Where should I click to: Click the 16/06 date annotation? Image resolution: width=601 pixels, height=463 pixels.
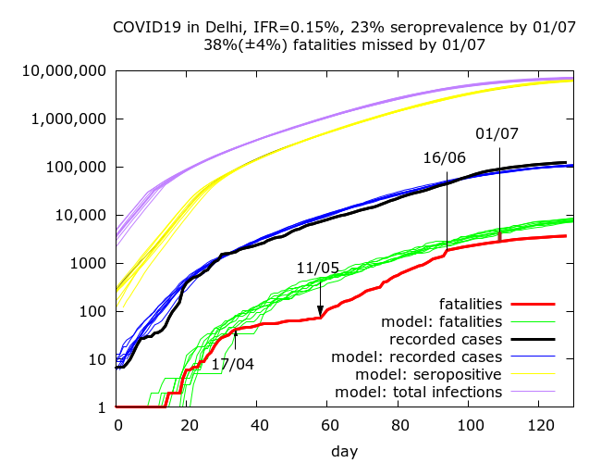tap(444, 157)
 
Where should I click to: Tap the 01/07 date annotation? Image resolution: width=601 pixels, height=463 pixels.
tap(497, 134)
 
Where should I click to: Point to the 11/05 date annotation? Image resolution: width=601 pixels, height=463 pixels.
tap(318, 268)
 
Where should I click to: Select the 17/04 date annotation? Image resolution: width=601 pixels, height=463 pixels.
tap(233, 364)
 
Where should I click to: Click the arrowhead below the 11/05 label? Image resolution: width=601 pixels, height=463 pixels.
tap(320, 312)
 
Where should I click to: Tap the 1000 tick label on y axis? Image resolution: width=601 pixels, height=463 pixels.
tap(90, 264)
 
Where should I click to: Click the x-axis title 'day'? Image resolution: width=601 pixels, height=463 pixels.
tap(345, 451)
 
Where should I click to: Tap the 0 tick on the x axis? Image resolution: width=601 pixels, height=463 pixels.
tap(117, 425)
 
